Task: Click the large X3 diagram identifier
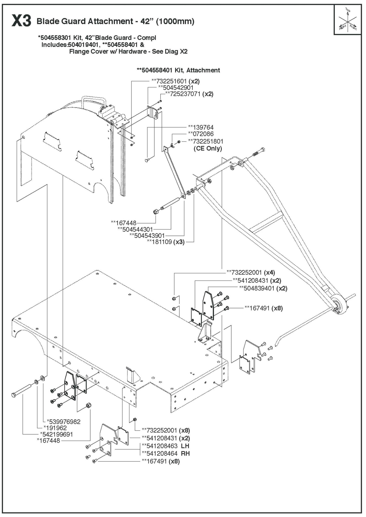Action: pos(21,21)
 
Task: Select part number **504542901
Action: pos(176,87)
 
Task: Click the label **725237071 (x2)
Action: pos(189,94)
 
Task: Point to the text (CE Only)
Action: pos(208,148)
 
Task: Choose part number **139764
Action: pos(201,127)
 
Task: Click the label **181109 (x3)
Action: pos(166,242)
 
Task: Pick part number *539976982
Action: pos(64,421)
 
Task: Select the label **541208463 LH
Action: pos(165,446)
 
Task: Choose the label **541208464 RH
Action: pos(165,453)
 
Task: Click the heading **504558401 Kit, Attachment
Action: pos(178,70)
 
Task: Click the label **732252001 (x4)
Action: pos(251,272)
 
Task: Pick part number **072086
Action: pos(201,134)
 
